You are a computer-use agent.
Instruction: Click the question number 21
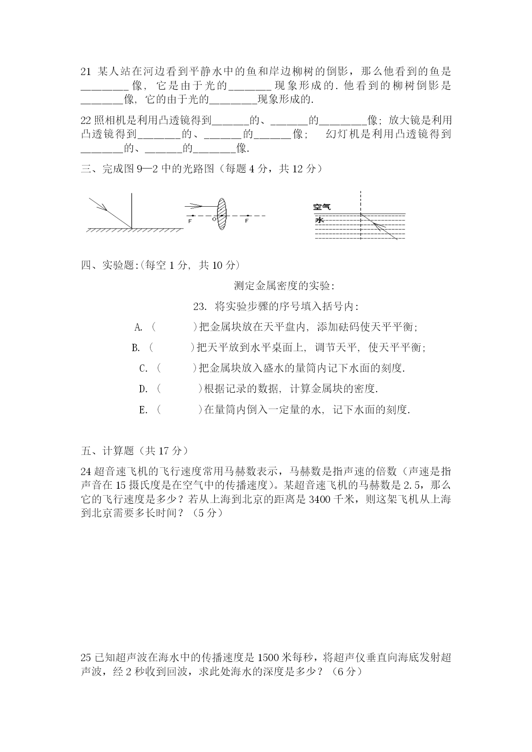pos(86,72)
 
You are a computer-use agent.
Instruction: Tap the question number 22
pos(86,120)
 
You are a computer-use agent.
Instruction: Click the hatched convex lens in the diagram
pos(221,214)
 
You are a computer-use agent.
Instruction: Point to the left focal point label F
pos(190,221)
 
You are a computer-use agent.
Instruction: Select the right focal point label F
pos(246,221)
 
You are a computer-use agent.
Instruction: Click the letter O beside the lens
pos(214,219)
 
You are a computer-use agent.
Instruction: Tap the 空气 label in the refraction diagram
pos(322,207)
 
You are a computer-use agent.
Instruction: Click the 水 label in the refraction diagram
pos(319,220)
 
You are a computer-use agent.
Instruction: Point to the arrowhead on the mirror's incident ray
pos(103,208)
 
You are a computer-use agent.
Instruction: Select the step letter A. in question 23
pos(138,328)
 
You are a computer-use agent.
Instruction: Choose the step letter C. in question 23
pos(144,369)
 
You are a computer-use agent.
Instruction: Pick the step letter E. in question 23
pos(143,410)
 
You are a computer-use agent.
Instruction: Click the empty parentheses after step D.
pos(179,389)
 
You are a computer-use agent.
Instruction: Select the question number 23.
pos(200,307)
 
